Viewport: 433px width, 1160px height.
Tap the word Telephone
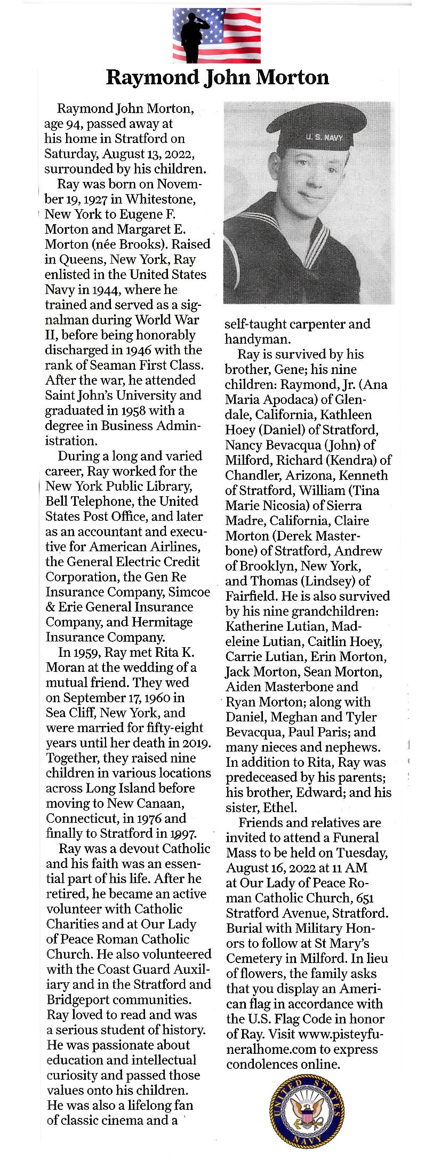[x=92, y=502]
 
